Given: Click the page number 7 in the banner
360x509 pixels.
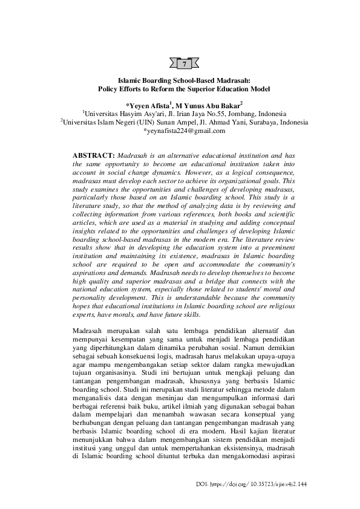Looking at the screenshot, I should pyautogui.click(x=185, y=63).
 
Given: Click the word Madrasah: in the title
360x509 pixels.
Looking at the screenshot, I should pyautogui.click(x=233, y=79).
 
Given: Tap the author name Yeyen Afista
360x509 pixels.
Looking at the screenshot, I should pyautogui.click(x=149, y=104).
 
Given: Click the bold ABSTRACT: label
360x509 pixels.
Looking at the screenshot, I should pyautogui.click(x=93, y=156).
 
